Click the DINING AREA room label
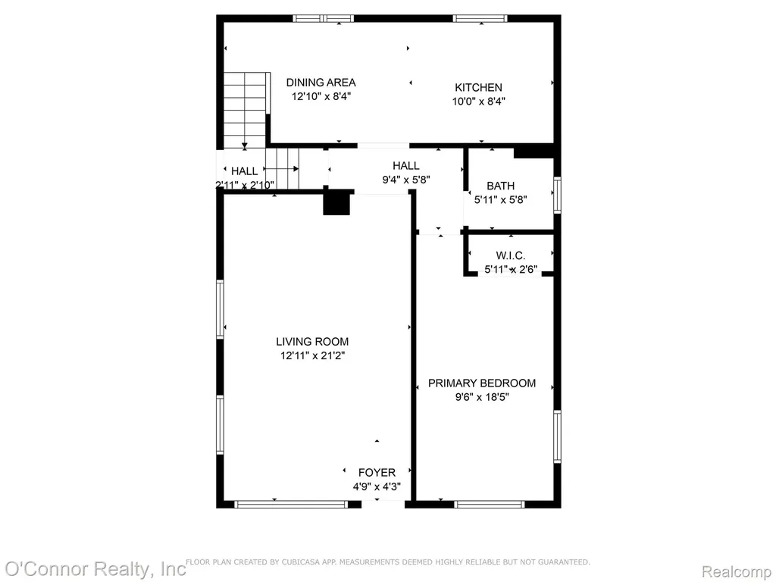coord(321,83)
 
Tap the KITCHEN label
coord(479,88)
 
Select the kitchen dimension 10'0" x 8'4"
coord(479,102)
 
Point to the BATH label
coord(500,186)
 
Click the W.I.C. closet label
coord(510,256)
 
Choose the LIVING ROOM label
coord(312,342)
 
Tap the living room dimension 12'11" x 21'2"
coord(312,355)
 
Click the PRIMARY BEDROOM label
coord(481,383)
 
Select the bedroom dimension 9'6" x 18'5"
coord(482,397)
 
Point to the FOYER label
coord(377,473)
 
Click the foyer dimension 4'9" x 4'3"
coord(377,487)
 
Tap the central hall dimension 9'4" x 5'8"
coord(406,180)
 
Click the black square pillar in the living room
coord(336,203)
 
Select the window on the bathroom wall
coord(557,195)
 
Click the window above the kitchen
coord(480,19)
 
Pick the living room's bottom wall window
coord(291,504)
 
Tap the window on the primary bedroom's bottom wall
coord(489,504)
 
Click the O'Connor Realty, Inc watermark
coord(95,568)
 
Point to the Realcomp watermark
coord(737,571)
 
